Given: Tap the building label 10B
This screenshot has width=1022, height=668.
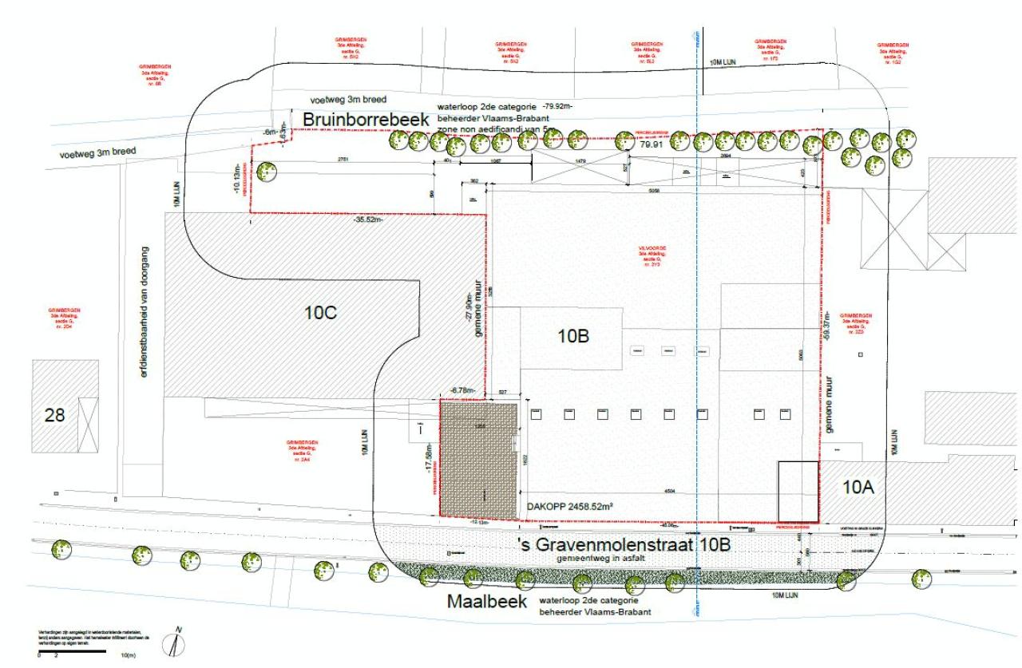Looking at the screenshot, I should [x=573, y=337].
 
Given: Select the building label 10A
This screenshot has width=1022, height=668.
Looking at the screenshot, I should [x=858, y=486].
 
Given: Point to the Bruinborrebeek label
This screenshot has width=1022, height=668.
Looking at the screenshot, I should [x=365, y=119].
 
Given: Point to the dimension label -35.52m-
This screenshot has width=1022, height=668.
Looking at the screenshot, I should [x=368, y=220].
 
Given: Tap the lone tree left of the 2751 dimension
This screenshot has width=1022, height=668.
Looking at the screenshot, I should [x=267, y=172].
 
